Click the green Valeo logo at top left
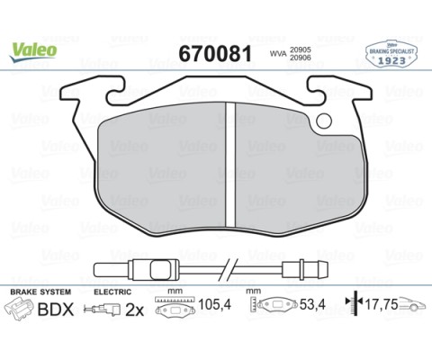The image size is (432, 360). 33,50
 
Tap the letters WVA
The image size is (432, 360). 280,55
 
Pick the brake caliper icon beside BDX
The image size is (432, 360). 22,309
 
